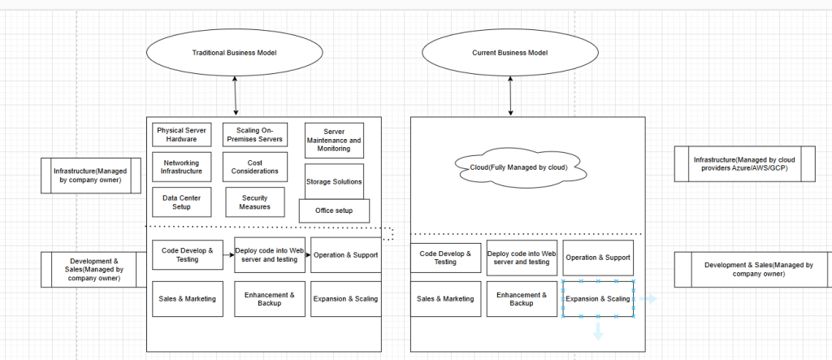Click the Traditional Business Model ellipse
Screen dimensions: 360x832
coord(233,53)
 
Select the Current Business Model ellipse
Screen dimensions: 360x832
coord(509,53)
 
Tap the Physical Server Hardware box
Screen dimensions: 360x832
coord(181,134)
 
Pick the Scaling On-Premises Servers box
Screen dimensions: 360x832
coord(253,135)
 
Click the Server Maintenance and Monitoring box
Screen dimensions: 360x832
coord(334,140)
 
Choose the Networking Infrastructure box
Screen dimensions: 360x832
coord(181,167)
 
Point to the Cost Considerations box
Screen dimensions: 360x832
coord(253,167)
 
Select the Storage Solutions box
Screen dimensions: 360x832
coord(334,181)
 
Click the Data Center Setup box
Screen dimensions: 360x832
coord(181,202)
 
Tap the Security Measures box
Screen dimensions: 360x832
coord(254,202)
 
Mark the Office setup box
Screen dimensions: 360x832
coord(334,211)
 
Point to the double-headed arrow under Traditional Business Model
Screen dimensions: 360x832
coord(236,96)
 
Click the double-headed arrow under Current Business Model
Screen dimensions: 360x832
coord(510,96)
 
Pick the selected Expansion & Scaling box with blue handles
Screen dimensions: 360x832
coord(598,299)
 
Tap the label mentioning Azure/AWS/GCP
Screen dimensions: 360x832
coord(744,163)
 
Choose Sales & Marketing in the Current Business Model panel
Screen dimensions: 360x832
coord(444,299)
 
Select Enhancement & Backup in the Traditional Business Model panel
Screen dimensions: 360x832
coord(269,298)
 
